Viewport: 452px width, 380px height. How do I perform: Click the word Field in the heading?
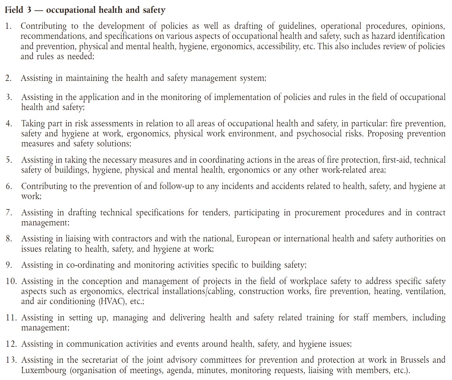pos(14,10)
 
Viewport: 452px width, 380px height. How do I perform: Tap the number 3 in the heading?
pos(29,10)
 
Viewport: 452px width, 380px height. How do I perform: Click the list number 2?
pos(8,78)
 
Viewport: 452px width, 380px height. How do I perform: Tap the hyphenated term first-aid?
pos(396,160)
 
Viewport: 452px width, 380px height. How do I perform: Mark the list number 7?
pos(8,213)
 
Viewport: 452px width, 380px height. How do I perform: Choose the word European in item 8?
pos(253,239)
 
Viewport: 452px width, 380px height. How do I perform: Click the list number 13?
pos(11,360)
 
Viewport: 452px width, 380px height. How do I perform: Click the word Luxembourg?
pos(44,370)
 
